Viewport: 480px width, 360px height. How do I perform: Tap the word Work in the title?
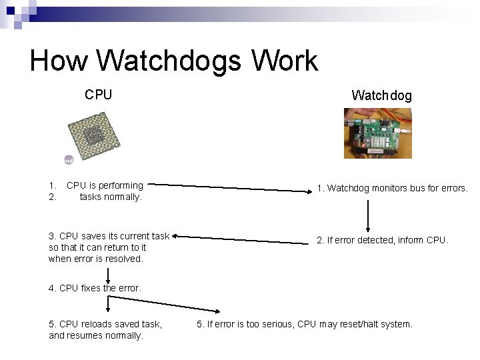[285, 61]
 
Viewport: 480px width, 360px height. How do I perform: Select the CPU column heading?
[98, 95]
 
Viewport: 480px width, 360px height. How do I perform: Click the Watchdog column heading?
[381, 95]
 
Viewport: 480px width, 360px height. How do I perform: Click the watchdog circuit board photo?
[377, 133]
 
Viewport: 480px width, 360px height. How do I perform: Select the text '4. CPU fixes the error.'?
[95, 288]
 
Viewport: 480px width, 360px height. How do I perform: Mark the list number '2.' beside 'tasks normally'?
[53, 197]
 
